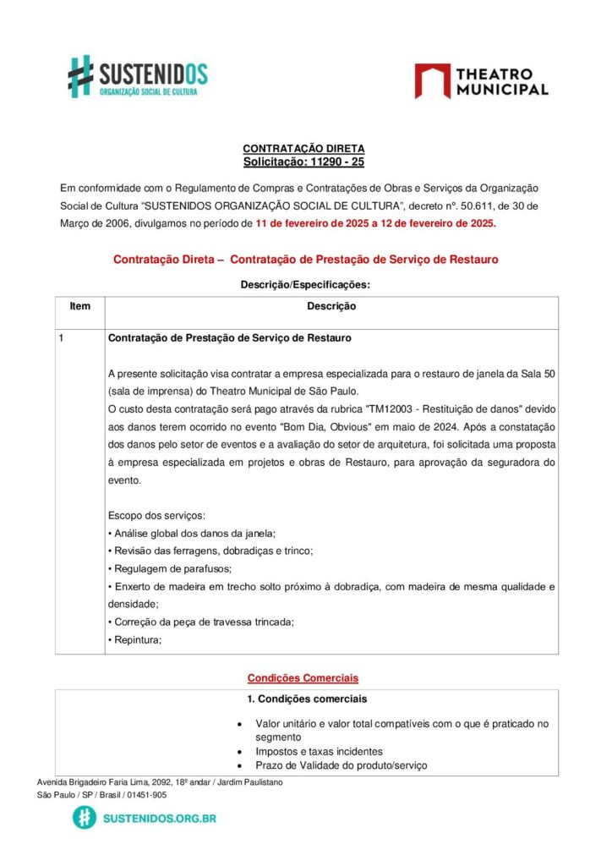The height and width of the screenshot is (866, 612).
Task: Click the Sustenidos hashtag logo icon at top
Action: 80,76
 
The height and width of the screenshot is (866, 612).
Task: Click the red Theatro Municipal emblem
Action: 432,81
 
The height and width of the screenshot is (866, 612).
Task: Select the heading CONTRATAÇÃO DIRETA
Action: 303,149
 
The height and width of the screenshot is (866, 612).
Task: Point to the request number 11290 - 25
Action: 334,161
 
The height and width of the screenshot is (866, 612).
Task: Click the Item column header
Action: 79,306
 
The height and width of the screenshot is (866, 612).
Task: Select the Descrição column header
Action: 331,306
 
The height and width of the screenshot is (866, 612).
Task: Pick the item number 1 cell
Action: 62,338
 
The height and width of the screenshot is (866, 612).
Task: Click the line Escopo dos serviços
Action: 156,515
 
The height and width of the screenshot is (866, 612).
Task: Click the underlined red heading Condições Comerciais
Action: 303,678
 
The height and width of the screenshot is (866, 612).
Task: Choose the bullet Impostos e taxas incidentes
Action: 319,751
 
